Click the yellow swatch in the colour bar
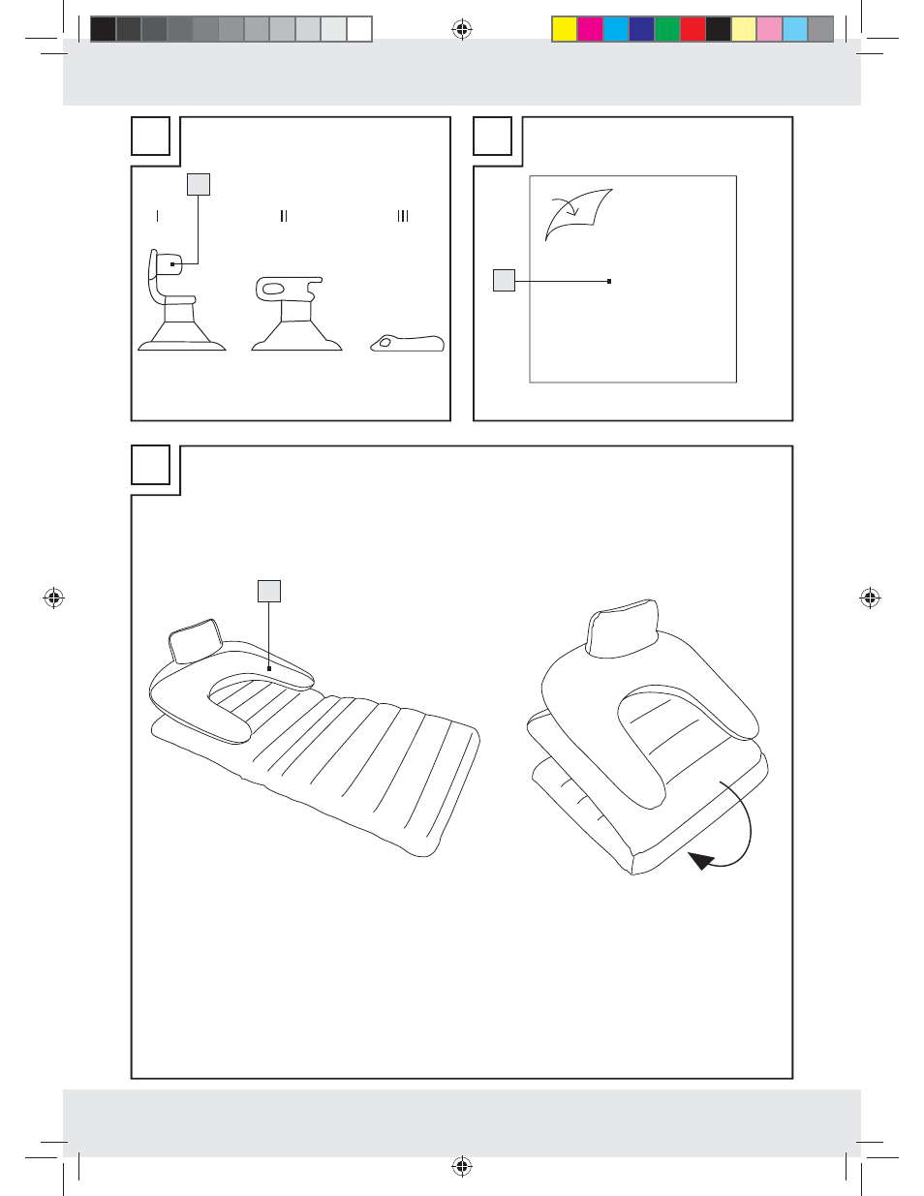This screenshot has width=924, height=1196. tap(565, 29)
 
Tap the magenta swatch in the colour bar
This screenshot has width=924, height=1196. tap(591, 29)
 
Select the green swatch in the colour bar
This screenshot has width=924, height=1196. tap(667, 29)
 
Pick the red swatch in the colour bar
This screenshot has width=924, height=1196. tap(693, 29)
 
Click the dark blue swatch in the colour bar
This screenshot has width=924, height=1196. tap(642, 29)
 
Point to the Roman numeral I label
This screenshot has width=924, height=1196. tap(158, 216)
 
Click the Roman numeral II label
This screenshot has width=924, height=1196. tap(284, 216)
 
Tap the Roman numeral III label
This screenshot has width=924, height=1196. tap(403, 216)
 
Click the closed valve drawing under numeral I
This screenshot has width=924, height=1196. tap(181, 300)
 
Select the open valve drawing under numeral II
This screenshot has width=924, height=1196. tap(296, 314)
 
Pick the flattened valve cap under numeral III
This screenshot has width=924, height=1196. tap(407, 344)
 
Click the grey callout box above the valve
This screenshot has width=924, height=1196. tap(199, 184)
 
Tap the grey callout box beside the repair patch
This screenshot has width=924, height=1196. tap(504, 280)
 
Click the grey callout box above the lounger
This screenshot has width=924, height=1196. tap(269, 591)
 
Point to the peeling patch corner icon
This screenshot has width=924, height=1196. tap(578, 215)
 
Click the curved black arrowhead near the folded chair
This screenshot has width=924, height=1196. tap(700, 860)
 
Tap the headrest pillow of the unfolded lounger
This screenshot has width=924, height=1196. tap(196, 641)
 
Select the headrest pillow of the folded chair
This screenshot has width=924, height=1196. tap(623, 628)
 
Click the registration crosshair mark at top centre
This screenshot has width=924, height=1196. tap(462, 29)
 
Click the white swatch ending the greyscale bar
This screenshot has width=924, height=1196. tap(359, 29)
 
